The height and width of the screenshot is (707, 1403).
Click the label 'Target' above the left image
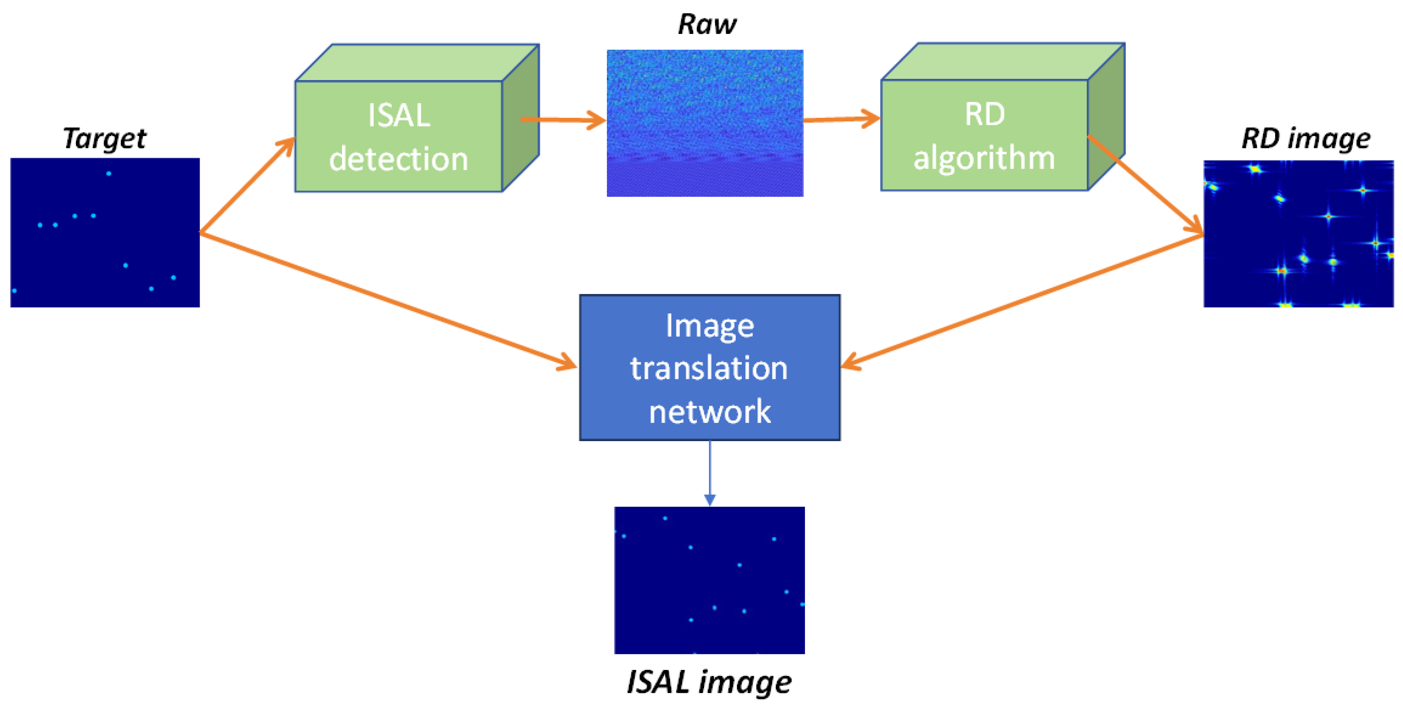click(x=105, y=138)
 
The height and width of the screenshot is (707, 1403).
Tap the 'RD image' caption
click(x=1305, y=138)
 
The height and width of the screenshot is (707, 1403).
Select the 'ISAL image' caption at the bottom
click(x=709, y=682)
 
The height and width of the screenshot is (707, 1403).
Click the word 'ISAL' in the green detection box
click(x=399, y=116)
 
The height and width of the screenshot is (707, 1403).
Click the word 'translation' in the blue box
click(x=709, y=368)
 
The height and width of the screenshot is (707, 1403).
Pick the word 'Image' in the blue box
click(x=709, y=326)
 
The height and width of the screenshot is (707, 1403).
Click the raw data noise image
click(x=705, y=123)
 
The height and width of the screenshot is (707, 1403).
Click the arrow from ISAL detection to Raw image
click(x=564, y=120)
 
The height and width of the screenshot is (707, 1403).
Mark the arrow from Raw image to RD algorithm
click(x=841, y=119)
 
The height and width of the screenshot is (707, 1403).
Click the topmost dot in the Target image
click(x=109, y=174)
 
